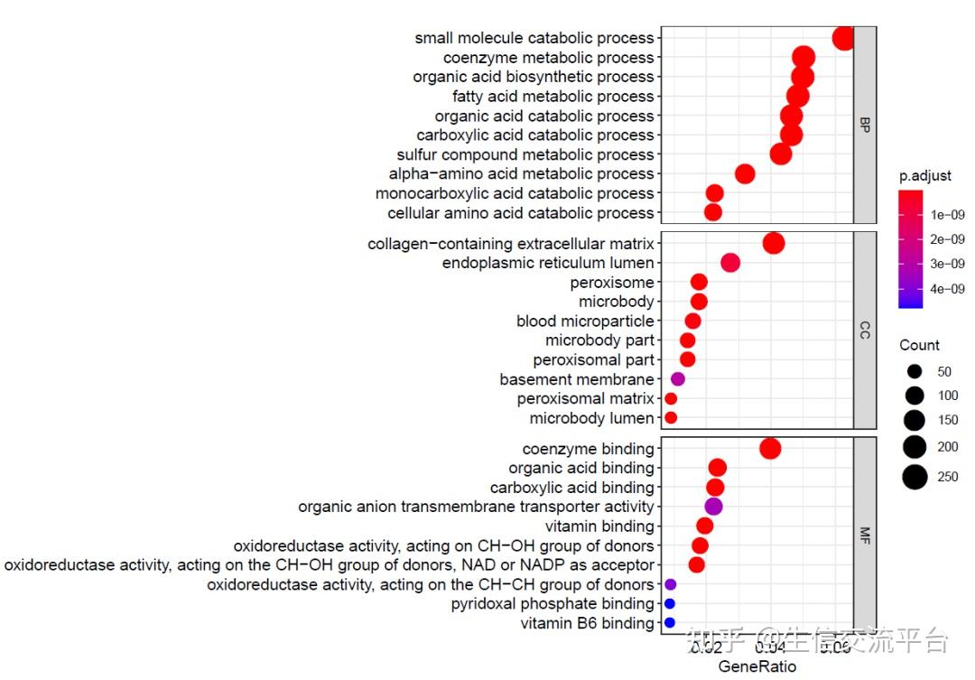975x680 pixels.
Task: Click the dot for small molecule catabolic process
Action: (x=843, y=39)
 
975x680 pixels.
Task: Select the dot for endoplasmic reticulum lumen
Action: (x=730, y=263)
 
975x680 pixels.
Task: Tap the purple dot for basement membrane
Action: (x=678, y=379)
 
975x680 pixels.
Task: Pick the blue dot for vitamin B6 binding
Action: (x=670, y=623)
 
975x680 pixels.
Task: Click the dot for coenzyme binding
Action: (x=770, y=449)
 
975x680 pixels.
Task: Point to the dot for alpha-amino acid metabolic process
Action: (x=745, y=173)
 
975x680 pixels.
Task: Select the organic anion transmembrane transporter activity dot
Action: (x=713, y=507)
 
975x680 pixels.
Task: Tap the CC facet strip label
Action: (x=865, y=331)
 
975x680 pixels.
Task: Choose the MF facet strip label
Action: (x=865, y=536)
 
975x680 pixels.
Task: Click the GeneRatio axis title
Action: (x=757, y=667)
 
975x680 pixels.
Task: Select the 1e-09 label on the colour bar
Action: (x=949, y=215)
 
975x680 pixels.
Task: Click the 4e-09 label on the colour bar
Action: (x=949, y=289)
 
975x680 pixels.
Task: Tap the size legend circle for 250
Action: (x=915, y=477)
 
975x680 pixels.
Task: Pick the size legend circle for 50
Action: (x=915, y=371)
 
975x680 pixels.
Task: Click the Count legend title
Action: (x=919, y=345)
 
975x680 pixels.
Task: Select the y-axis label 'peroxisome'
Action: (x=611, y=283)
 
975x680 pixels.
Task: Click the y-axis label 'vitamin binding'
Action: (x=599, y=526)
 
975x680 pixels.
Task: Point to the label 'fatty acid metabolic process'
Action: (x=552, y=97)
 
